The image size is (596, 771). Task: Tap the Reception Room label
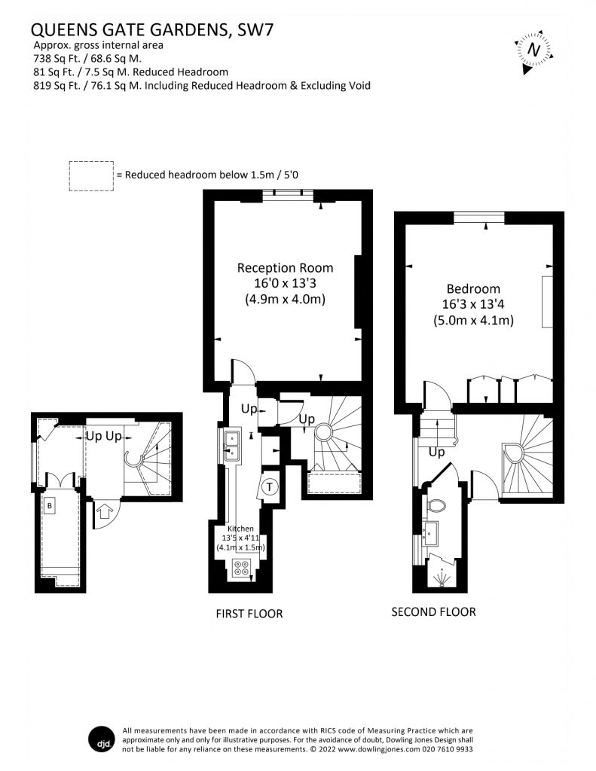tap(285, 268)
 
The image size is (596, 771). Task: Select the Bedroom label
tap(473, 288)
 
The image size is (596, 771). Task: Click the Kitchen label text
tap(240, 529)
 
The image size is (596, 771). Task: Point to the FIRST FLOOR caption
tap(249, 614)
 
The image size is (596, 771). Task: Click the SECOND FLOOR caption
tap(433, 612)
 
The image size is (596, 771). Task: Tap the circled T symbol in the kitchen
tap(269, 487)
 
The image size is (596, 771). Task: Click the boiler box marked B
tap(50, 506)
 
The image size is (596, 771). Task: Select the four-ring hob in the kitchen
tap(241, 568)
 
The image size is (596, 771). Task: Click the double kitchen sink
tap(232, 446)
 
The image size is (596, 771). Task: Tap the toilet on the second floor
tap(436, 505)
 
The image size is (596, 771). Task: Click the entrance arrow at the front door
tap(104, 511)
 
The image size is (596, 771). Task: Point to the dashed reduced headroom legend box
tap(91, 176)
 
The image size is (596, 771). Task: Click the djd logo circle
tap(102, 739)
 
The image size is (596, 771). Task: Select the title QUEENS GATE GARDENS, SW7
tap(152, 30)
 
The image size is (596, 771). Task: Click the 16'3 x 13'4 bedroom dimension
tap(473, 304)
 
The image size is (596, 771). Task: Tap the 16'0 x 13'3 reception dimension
tap(285, 283)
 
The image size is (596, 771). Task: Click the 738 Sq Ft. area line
tap(87, 59)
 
